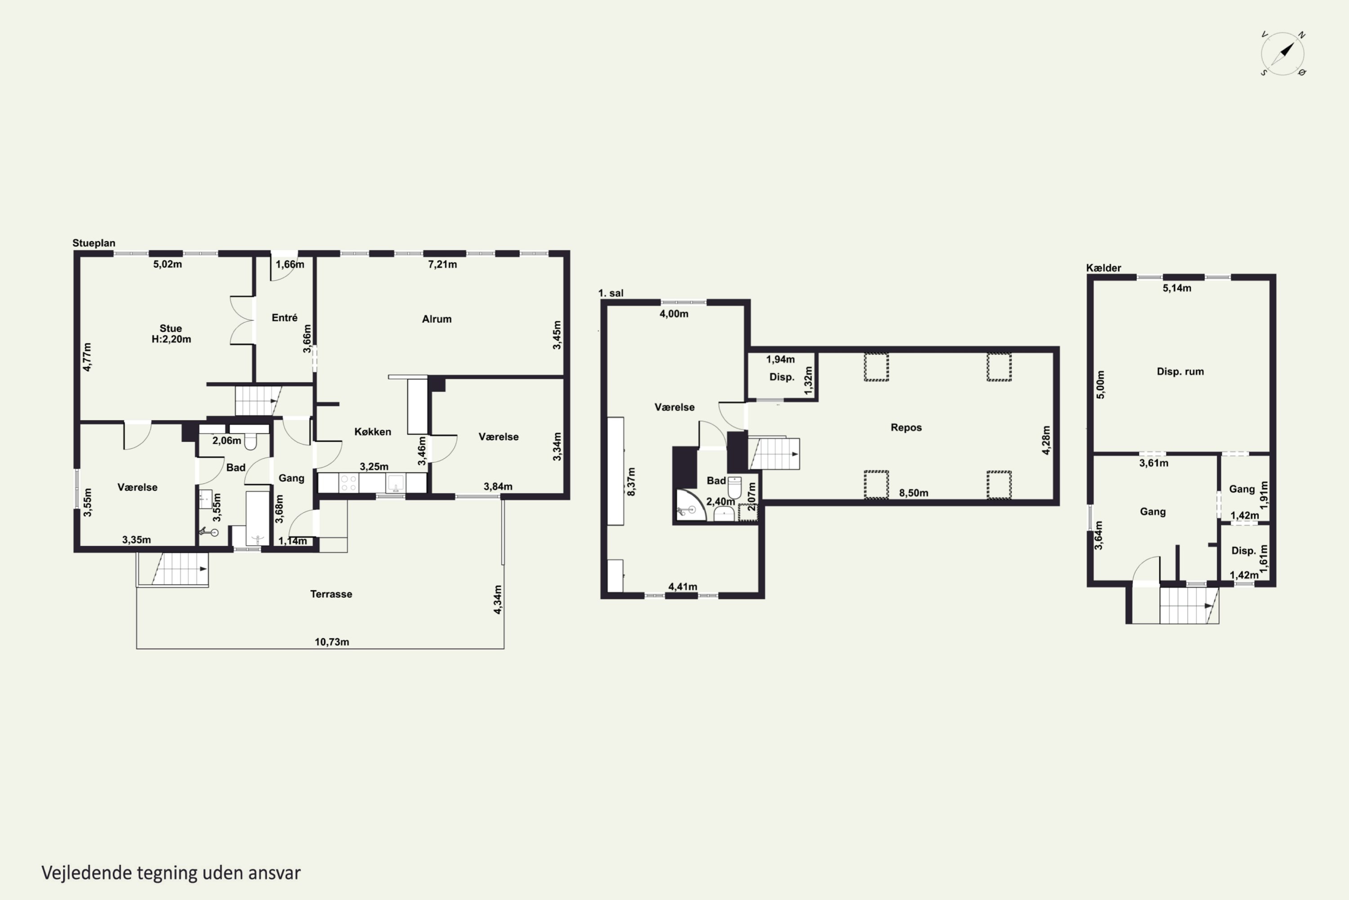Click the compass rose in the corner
tap(1282, 54)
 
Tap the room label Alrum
tap(437, 319)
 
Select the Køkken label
tap(372, 432)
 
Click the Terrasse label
tap(331, 594)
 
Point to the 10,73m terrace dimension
tap(331, 642)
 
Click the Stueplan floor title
tap(94, 243)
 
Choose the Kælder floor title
tap(1103, 268)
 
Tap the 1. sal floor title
tap(610, 293)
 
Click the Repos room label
tap(906, 427)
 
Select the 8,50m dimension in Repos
tap(913, 493)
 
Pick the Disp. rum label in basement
tap(1180, 371)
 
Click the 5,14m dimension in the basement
tap(1176, 288)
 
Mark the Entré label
tap(285, 317)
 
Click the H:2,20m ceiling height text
tap(171, 339)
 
